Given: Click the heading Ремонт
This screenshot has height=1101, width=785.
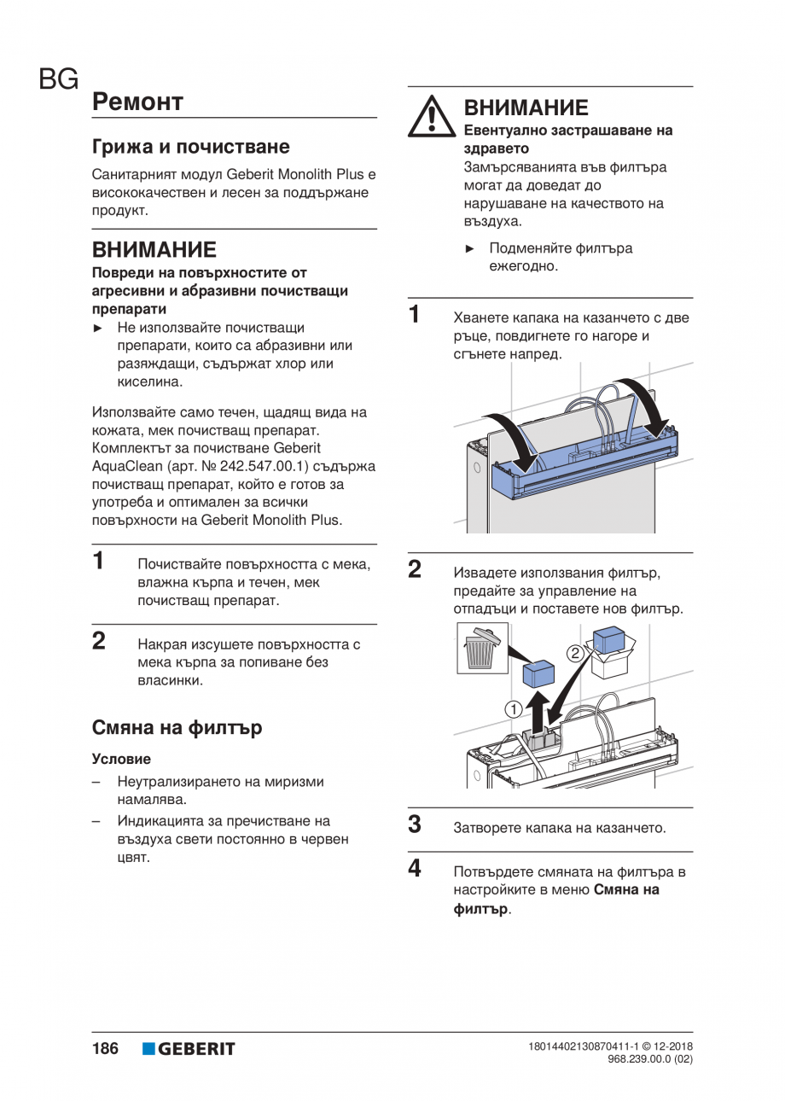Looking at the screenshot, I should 137,102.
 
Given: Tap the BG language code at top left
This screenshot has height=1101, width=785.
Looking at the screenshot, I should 58,80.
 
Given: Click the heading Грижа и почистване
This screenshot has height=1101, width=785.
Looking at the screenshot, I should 190,146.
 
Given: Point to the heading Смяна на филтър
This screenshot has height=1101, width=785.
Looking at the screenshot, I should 177,728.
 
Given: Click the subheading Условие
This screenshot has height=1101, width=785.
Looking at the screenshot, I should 121,759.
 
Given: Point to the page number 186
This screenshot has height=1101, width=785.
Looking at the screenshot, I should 105,1049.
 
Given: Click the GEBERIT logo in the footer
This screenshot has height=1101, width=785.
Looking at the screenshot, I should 189,1049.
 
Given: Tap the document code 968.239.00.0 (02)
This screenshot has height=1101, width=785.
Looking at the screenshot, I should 649,1059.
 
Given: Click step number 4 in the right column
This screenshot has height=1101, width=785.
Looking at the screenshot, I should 415,869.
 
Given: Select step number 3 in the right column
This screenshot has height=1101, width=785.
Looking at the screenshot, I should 415,824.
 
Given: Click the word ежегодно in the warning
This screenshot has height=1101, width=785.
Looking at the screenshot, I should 523,266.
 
